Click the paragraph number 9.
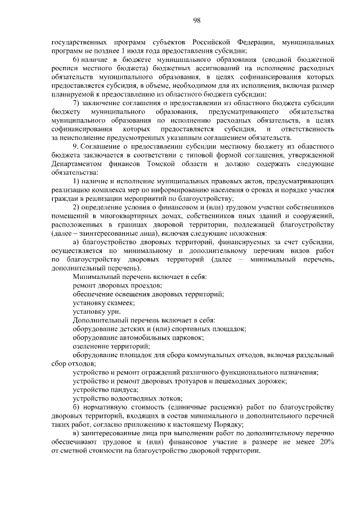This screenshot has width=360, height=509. pos(75,146)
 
